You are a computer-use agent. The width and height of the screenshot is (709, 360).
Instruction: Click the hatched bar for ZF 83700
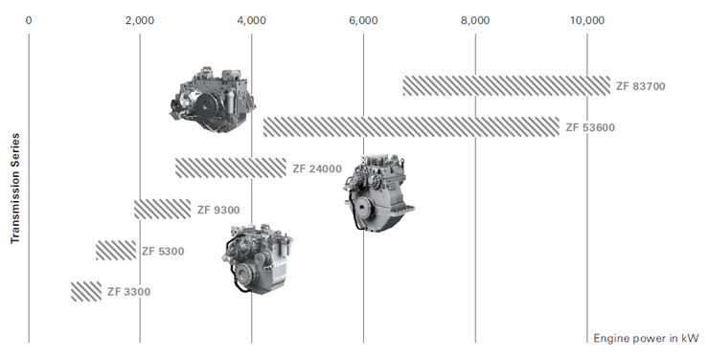click(x=507, y=86)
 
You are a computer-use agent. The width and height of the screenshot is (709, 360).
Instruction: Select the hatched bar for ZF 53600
click(x=411, y=127)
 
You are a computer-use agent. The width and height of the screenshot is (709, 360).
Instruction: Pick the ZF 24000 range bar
click(x=231, y=168)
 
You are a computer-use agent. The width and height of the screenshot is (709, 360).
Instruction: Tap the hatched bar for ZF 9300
click(x=162, y=209)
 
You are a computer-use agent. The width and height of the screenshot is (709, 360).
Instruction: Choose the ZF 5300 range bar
click(x=116, y=250)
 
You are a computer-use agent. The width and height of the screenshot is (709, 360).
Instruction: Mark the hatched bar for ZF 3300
click(x=86, y=291)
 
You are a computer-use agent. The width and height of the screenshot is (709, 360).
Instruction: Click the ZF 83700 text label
click(x=641, y=86)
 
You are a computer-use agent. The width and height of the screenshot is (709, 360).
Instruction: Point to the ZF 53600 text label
click(x=590, y=127)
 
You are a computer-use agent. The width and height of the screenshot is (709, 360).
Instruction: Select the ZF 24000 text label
click(x=317, y=169)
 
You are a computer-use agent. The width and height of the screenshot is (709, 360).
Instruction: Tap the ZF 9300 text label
click(x=218, y=210)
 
